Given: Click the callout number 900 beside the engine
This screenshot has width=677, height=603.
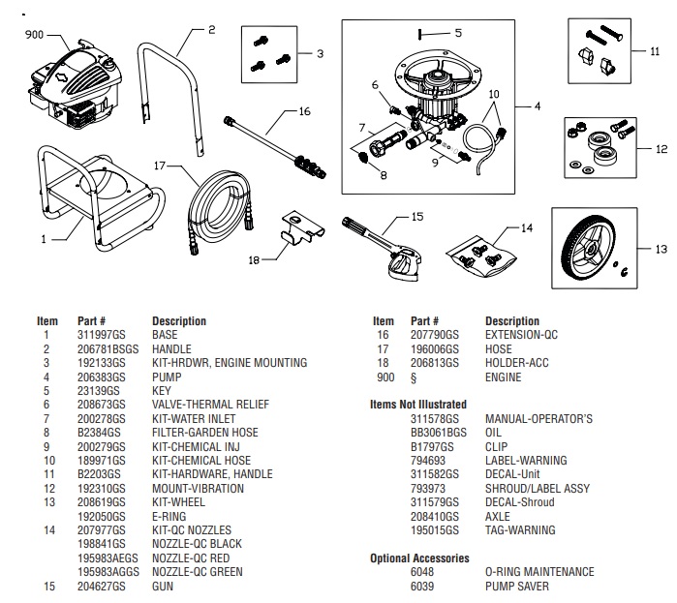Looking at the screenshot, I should [33, 34].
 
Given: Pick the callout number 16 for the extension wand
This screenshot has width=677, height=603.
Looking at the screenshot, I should [304, 111].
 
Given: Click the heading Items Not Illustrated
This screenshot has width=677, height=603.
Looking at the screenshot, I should [418, 404].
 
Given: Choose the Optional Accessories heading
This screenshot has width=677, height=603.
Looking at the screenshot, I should [419, 558].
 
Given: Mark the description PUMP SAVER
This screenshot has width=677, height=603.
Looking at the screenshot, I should [516, 586].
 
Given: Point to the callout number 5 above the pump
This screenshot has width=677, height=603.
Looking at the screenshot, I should [458, 33].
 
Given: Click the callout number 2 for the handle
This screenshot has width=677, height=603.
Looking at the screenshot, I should [210, 29].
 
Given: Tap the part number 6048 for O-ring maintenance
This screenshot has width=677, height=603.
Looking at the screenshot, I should [423, 572].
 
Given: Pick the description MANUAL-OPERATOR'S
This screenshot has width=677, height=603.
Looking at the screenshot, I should [538, 418].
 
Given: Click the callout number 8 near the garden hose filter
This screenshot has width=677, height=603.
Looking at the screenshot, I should [383, 175].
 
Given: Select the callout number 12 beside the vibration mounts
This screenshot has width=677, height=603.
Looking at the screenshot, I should [662, 150].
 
